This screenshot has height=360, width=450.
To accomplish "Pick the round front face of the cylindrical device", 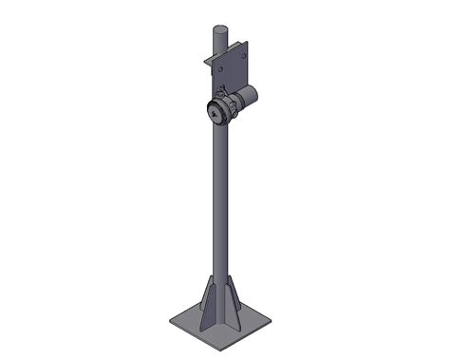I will [218, 112].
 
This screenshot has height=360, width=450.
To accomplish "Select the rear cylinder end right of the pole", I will [253, 93].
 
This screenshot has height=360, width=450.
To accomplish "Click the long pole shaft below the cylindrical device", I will [219, 199].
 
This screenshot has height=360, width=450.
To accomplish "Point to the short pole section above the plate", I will [218, 42].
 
